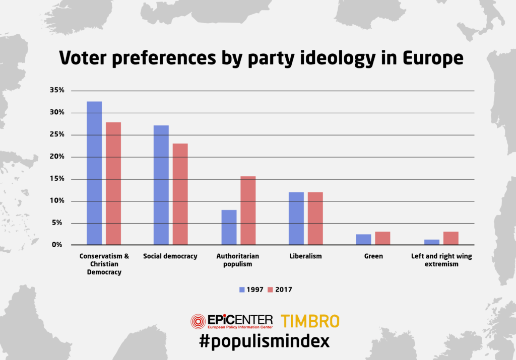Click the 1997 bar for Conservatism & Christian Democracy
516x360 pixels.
point(94,173)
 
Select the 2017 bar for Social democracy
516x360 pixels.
point(180,194)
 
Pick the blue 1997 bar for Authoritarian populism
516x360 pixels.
point(229,227)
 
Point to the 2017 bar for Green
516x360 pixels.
point(382,238)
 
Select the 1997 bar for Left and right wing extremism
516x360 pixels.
point(432,242)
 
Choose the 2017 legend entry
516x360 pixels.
point(279,290)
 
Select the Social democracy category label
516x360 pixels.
point(170,256)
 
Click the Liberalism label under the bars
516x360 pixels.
point(305,256)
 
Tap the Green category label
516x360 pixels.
point(373,256)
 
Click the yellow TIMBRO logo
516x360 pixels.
point(310,321)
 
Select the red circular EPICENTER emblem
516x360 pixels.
point(198,321)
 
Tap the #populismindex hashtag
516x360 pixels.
point(258,341)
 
